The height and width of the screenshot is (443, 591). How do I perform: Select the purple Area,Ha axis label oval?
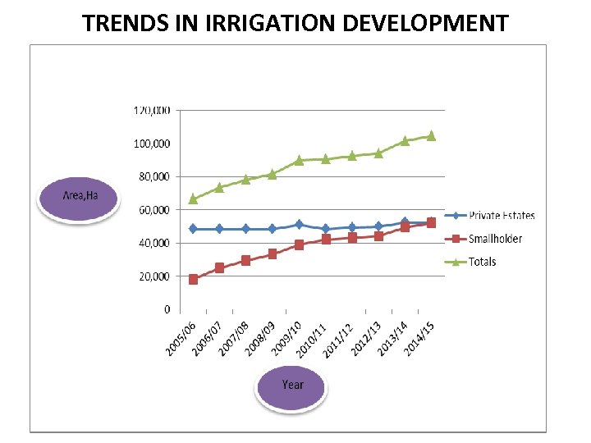(x=80, y=196)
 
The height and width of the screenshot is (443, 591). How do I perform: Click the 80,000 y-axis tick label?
(x=153, y=176)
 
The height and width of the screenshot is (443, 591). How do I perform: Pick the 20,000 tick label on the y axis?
(x=153, y=276)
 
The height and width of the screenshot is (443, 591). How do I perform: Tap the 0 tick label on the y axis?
(x=167, y=310)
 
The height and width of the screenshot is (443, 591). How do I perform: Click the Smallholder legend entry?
(x=495, y=239)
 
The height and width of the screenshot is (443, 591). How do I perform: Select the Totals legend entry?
(x=483, y=262)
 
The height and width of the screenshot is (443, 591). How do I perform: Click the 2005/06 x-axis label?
(x=181, y=339)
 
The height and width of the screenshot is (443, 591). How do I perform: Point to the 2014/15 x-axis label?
(x=420, y=339)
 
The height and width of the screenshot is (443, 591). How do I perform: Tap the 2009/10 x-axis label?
(x=287, y=339)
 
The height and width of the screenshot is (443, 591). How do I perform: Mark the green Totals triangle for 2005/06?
(x=193, y=199)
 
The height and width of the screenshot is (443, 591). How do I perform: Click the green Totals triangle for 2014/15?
(x=431, y=135)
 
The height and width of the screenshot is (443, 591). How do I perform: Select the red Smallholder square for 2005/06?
(x=193, y=280)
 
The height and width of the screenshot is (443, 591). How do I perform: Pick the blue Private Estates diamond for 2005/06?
(x=193, y=229)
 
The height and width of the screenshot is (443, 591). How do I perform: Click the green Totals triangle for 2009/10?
(x=299, y=160)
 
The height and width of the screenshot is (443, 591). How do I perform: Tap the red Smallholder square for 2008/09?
(x=273, y=254)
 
